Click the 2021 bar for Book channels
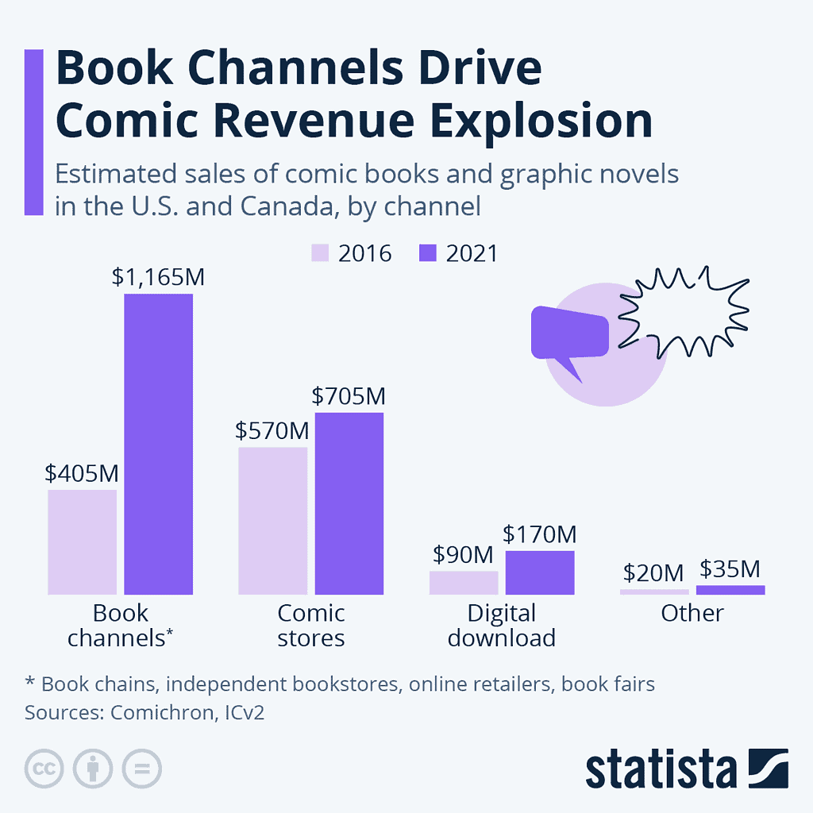coord(158,444)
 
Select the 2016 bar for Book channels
coord(82,541)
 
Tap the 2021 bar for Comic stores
coord(349,503)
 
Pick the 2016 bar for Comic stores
coord(272,520)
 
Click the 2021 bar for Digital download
coord(539,572)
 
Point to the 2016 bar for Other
coord(654,591)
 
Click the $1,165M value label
coord(158,277)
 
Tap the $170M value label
coord(539,534)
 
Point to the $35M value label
coord(730,568)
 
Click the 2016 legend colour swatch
coord(319,253)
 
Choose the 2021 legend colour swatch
coord(427,253)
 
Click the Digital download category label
coord(501,625)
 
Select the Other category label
coord(692,613)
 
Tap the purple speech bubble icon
coord(569,333)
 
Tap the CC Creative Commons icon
coord(44,768)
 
